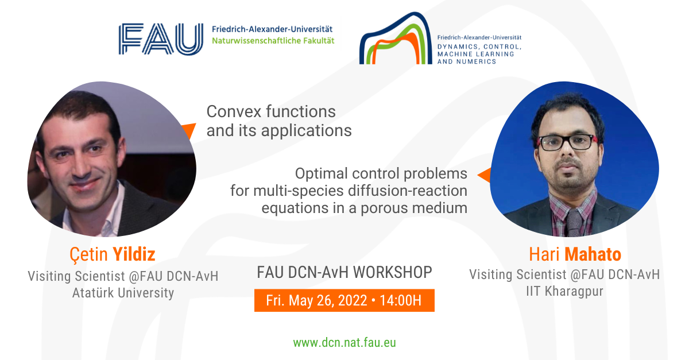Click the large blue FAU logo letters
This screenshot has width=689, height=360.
pyautogui.click(x=161, y=39)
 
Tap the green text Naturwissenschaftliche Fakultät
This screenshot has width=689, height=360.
pyautogui.click(x=273, y=41)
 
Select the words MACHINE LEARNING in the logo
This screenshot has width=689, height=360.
pyautogui.click(x=476, y=54)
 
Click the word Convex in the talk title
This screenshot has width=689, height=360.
pyautogui.click(x=234, y=111)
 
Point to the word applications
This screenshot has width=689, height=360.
pyautogui.click(x=307, y=131)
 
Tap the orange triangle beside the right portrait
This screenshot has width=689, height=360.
pyautogui.click(x=484, y=175)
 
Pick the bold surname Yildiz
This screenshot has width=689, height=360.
pyautogui.click(x=134, y=254)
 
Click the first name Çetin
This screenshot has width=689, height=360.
pyautogui.click(x=88, y=255)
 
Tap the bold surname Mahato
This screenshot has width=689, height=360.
pyautogui.click(x=593, y=254)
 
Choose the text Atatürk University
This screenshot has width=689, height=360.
pyautogui.click(x=123, y=293)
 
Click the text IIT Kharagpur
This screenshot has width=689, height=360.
pyautogui.click(x=564, y=291)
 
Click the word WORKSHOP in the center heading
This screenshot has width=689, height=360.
pyautogui.click(x=393, y=272)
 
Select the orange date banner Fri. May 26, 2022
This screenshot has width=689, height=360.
pyautogui.click(x=344, y=300)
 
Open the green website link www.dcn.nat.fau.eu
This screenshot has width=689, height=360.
pyautogui.click(x=344, y=342)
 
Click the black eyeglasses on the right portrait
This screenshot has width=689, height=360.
pyautogui.click(x=567, y=142)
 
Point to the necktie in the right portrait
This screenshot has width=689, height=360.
pyautogui.click(x=574, y=222)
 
